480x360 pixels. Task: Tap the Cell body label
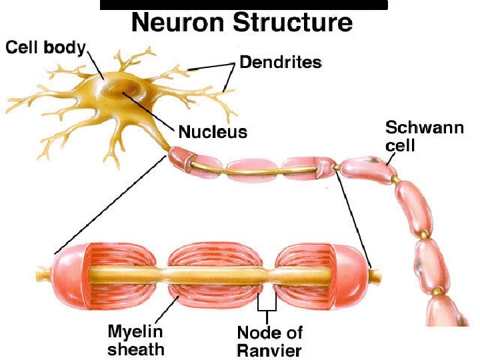[45, 47]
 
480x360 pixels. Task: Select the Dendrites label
[280, 63]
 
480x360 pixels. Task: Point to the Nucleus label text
[213, 131]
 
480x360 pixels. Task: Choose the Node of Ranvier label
[269, 340]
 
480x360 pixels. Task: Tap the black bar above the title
[243, 5]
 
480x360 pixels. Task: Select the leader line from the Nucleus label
[149, 110]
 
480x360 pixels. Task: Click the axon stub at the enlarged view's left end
[44, 273]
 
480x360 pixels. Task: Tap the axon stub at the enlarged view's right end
[375, 273]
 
